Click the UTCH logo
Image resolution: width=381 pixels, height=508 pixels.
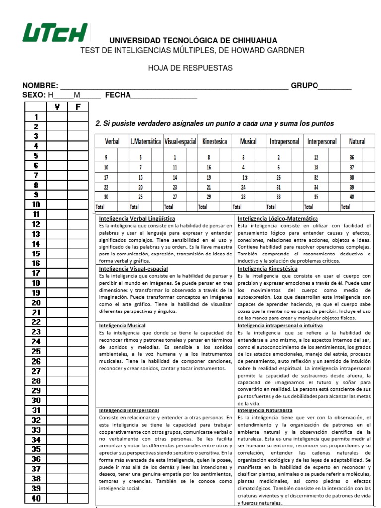pyautogui.click(x=55, y=33)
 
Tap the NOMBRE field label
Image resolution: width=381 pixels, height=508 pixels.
pyautogui.click(x=40, y=86)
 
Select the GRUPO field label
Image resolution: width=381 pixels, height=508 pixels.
pyautogui.click(x=304, y=86)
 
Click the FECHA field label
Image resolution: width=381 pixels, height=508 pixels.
pyautogui.click(x=117, y=95)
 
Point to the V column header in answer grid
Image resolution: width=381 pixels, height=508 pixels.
pyautogui.click(x=57, y=107)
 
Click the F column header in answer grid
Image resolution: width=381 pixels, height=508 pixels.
pyautogui.click(x=77, y=107)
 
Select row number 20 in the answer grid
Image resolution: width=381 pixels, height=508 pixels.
pyautogui.click(x=36, y=303)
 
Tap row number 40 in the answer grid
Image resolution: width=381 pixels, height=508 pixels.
pyautogui.click(x=36, y=499)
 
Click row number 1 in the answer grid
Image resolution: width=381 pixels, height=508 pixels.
pyautogui.click(x=36, y=117)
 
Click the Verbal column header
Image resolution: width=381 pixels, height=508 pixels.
pyautogui.click(x=112, y=141)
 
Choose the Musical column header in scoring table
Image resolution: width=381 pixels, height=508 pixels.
pyautogui.click(x=248, y=141)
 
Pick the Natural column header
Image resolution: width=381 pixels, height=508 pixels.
pyautogui.click(x=357, y=141)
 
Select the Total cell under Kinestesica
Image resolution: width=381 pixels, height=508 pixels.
pyautogui.click(x=203, y=207)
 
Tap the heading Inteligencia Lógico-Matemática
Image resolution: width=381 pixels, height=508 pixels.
pyautogui.click(x=278, y=218)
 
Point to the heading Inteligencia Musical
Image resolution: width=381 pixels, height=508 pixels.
pyautogui.click(x=122, y=325)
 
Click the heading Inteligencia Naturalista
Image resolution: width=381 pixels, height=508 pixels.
pyautogui.click(x=265, y=411)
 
